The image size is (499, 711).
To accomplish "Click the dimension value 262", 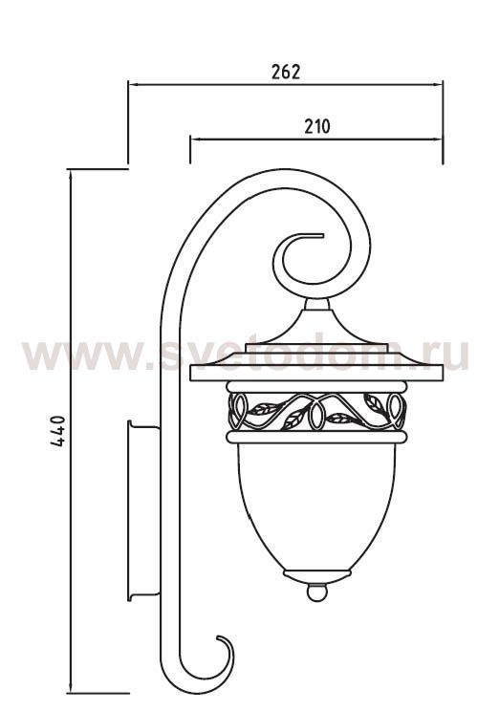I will point(285,72).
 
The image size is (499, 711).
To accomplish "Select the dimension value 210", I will point(316,125).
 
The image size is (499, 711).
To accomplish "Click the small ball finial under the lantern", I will point(315,592).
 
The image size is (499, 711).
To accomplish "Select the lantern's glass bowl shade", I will point(315,506).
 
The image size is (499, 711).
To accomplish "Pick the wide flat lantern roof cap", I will point(315,368).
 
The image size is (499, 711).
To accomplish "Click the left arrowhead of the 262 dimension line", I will point(133,85).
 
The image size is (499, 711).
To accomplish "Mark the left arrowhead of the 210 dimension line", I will point(194,139).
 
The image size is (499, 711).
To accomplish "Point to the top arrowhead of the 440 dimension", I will point(70,174).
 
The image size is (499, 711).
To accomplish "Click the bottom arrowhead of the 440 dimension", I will point(70,687).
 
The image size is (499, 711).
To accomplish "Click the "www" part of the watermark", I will point(72,355).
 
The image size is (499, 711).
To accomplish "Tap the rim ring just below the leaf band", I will point(315,437).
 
